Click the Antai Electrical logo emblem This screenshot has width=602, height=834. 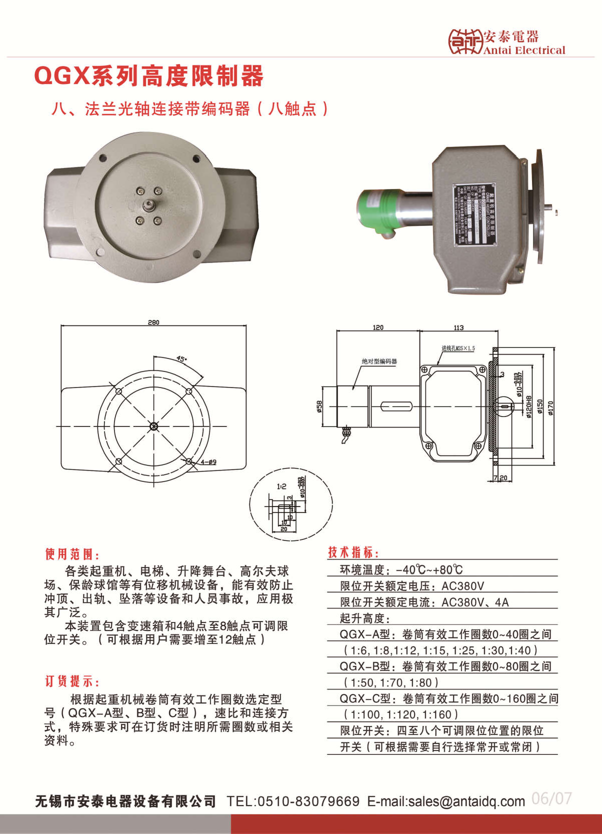(x=465, y=41)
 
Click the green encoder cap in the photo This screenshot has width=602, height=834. (x=376, y=210)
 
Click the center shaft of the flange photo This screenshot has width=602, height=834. (x=149, y=205)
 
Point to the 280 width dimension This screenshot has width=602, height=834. (x=153, y=322)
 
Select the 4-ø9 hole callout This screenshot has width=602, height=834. (x=208, y=462)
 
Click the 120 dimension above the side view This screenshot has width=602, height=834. (x=378, y=327)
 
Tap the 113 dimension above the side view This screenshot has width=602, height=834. (x=458, y=327)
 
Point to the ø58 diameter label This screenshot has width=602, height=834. (x=319, y=406)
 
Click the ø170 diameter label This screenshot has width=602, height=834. (x=550, y=407)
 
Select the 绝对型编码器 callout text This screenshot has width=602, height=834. (x=379, y=361)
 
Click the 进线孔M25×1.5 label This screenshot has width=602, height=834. (x=458, y=348)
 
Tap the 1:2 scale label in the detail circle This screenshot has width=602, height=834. (x=281, y=486)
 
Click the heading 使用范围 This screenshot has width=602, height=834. (x=72, y=554)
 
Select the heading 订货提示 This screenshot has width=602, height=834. (x=72, y=681)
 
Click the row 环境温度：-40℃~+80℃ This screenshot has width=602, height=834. (x=401, y=570)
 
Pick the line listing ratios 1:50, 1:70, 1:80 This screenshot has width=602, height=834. (x=391, y=682)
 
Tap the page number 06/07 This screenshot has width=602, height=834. (x=551, y=798)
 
